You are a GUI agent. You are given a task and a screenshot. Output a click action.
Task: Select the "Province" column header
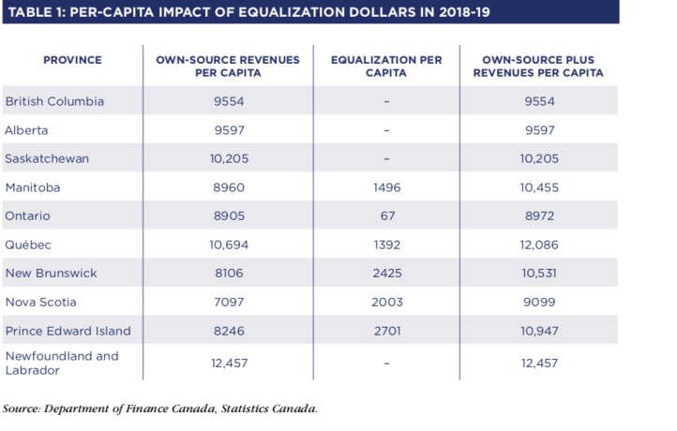point(72,60)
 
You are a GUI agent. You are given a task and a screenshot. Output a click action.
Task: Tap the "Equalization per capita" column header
point(386,66)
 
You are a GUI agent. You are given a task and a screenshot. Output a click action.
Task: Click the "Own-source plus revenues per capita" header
point(537,66)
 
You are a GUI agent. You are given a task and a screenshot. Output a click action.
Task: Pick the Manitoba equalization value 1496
point(386,187)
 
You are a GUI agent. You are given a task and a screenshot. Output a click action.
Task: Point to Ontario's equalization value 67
point(386,215)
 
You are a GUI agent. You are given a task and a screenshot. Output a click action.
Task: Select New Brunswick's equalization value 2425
point(386,274)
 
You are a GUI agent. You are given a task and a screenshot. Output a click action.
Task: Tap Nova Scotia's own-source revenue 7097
point(228,302)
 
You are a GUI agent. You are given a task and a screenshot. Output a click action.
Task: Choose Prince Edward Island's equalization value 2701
point(386,331)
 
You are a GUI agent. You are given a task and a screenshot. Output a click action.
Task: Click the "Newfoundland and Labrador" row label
point(62,363)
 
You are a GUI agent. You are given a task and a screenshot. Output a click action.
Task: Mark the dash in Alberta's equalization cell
point(386,130)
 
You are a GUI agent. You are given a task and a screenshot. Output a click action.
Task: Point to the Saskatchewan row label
point(47,158)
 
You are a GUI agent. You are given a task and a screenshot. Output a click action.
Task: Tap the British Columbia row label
point(54,101)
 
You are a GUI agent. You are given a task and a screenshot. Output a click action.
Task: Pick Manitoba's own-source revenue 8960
point(228,187)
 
